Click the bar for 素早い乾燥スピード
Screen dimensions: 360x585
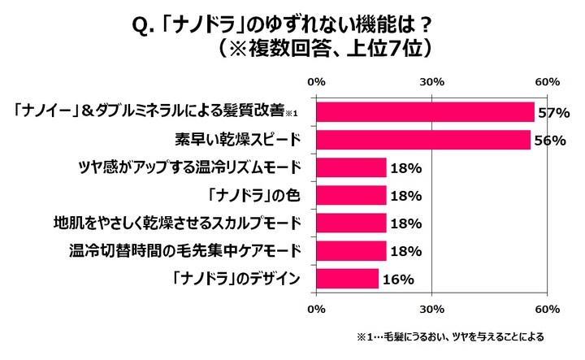(x=422, y=140)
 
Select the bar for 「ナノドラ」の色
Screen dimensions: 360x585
(x=351, y=196)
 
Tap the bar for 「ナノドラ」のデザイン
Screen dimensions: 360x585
(x=347, y=279)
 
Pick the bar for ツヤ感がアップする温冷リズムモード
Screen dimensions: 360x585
(x=351, y=168)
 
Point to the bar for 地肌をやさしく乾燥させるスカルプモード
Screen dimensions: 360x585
(x=351, y=223)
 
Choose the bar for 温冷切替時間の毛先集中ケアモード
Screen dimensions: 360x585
(x=351, y=251)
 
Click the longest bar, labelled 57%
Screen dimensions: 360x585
(x=425, y=112)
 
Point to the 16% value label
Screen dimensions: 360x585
(x=398, y=279)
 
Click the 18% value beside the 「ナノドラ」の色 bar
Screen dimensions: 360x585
(x=405, y=196)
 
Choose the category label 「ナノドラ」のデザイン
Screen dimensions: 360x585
(x=240, y=279)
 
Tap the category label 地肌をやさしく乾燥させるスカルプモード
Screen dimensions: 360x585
(x=179, y=223)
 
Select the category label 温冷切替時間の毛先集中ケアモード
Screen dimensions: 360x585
(x=184, y=251)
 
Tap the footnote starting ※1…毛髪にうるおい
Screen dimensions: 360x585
(x=449, y=336)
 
